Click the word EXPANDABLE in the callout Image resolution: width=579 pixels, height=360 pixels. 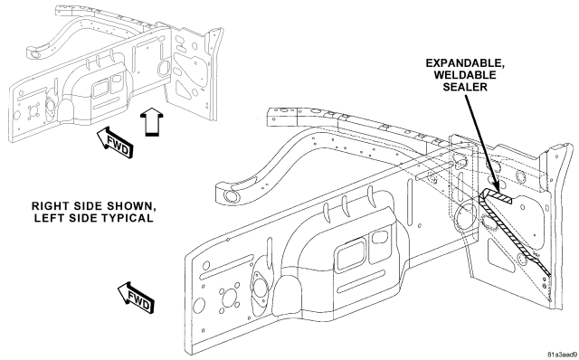(465, 63)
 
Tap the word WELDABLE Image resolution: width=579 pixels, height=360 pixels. (465, 75)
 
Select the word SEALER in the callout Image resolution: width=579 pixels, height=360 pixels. (465, 87)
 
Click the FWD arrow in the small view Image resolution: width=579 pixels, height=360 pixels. (115, 143)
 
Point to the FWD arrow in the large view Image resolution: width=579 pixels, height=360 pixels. (136, 298)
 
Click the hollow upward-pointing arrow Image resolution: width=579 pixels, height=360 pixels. (152, 121)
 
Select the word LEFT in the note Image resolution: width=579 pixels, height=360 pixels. (47, 218)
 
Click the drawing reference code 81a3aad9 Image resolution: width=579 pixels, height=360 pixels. (562, 355)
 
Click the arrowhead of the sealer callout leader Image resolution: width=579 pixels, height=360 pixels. (495, 187)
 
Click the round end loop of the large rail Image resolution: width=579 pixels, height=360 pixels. (229, 194)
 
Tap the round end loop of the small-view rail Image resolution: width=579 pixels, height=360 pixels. (34, 54)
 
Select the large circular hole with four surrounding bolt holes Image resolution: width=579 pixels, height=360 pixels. (229, 298)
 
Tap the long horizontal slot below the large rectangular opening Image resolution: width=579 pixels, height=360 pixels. (361, 281)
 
